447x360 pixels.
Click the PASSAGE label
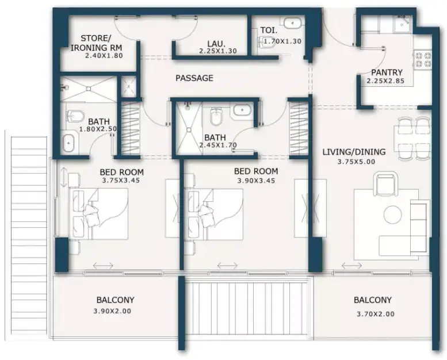(194, 78)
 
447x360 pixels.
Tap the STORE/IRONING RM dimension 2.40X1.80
(104, 56)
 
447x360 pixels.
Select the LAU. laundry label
(216, 44)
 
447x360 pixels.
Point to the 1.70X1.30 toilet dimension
(282, 41)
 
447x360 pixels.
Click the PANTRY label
(387, 72)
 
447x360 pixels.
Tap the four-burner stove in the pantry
(422, 60)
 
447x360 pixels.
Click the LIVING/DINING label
(354, 152)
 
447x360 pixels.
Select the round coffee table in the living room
(392, 215)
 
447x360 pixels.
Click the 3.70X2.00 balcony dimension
(376, 314)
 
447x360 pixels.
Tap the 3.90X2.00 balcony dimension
(112, 311)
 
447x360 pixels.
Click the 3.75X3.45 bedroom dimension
(121, 180)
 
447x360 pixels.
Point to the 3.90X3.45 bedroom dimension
(256, 181)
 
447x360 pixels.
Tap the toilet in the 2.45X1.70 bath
(216, 116)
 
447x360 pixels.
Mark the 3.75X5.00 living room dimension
(356, 162)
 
